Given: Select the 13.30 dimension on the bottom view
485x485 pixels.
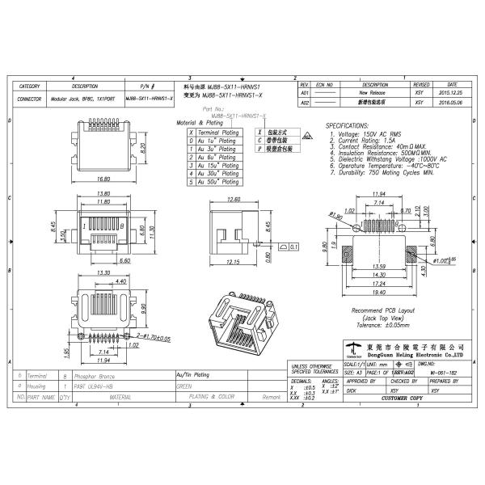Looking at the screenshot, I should (x=104, y=272).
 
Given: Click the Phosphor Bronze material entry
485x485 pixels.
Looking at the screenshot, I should (x=90, y=377).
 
